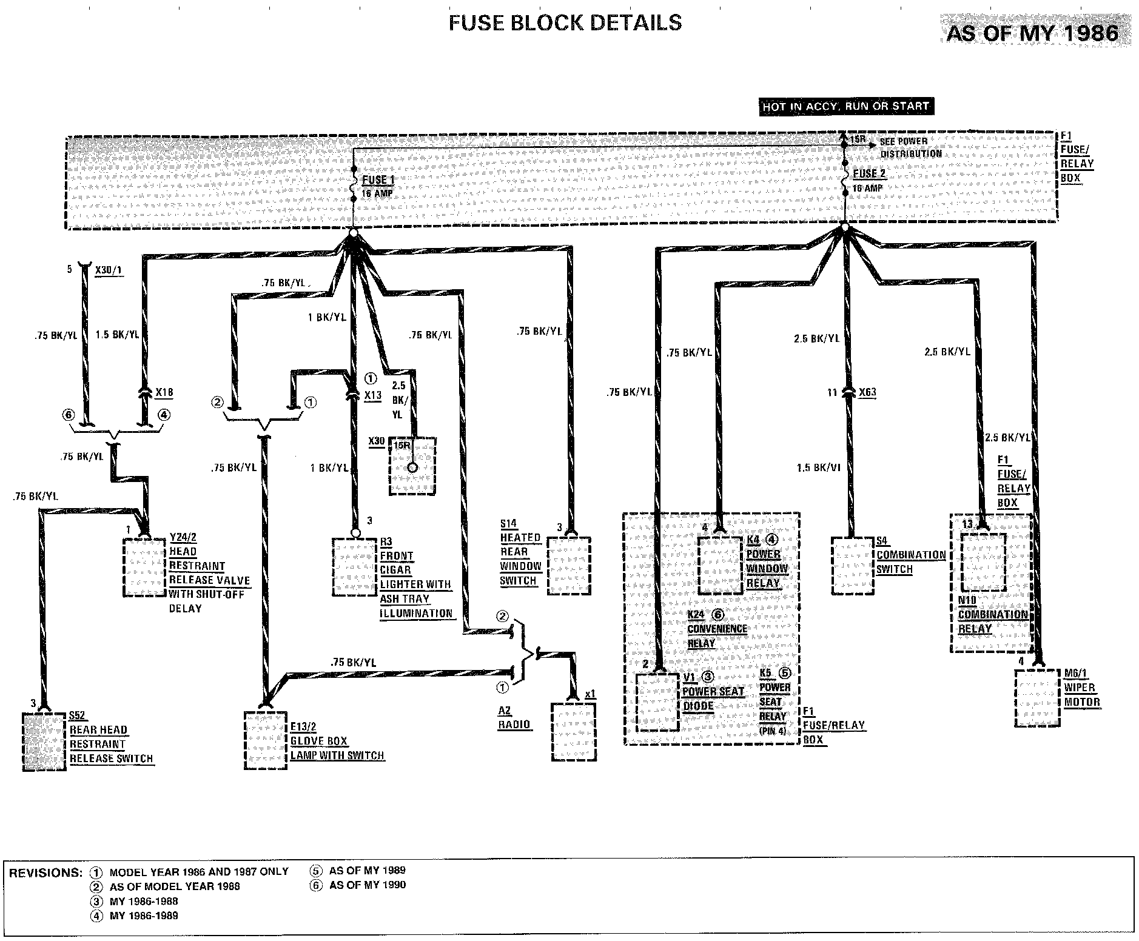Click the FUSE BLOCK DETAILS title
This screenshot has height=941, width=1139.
tap(565, 23)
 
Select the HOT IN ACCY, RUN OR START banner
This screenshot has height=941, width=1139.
tap(845, 107)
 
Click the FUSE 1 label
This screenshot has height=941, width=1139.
tap(378, 181)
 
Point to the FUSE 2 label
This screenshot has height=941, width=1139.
tap(869, 174)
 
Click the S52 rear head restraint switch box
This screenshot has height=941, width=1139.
tap(44, 742)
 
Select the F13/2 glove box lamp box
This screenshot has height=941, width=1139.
tap(266, 740)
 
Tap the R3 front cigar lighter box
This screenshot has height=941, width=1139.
tap(354, 567)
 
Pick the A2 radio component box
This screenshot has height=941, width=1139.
tap(574, 732)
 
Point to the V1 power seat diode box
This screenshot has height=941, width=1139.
tap(656, 703)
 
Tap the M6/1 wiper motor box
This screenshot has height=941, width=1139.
tap(1038, 698)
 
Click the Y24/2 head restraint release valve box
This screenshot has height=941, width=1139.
tap(144, 567)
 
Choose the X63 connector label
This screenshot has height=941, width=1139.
tap(867, 392)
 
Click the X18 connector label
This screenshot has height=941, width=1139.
tap(164, 392)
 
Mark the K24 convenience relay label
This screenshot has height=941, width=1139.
tap(715, 629)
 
